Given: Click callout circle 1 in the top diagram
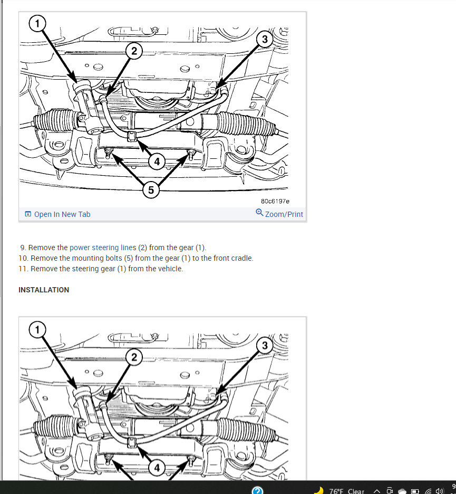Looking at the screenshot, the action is pyautogui.click(x=37, y=23).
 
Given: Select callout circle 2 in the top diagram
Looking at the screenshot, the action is pyautogui.click(x=134, y=51).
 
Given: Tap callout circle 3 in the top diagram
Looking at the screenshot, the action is pyautogui.click(x=265, y=40).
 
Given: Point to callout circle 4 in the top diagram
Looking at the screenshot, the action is pyautogui.click(x=157, y=162).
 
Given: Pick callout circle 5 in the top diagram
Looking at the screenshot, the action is pyautogui.click(x=151, y=190).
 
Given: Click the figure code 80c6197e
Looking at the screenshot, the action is pyautogui.click(x=275, y=201).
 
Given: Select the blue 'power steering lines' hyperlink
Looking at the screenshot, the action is pyautogui.click(x=103, y=248).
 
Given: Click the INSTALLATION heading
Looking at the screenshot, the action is pyautogui.click(x=44, y=290).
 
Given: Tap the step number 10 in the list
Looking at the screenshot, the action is pyautogui.click(x=23, y=258).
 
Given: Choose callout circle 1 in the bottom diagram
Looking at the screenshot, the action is pyautogui.click(x=37, y=329).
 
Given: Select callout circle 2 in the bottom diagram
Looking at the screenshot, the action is pyautogui.click(x=134, y=357).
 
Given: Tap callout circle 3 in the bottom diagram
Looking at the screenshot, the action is pyautogui.click(x=265, y=345).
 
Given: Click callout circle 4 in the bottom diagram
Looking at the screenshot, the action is pyautogui.click(x=157, y=468).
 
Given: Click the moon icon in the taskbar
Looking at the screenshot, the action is pyautogui.click(x=319, y=490).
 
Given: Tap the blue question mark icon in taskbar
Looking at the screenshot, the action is pyautogui.click(x=257, y=490).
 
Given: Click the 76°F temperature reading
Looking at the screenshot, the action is pyautogui.click(x=336, y=491).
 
